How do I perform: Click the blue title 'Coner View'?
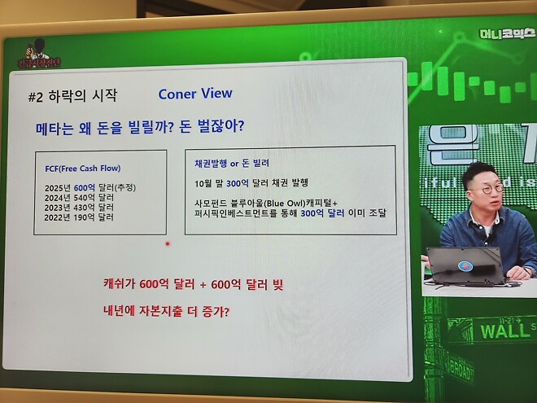195,94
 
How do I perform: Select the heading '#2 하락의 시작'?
72,96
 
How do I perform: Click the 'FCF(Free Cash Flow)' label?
83,169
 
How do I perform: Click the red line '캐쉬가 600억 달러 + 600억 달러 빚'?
193,284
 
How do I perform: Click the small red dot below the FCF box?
168,243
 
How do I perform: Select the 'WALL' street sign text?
504,331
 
